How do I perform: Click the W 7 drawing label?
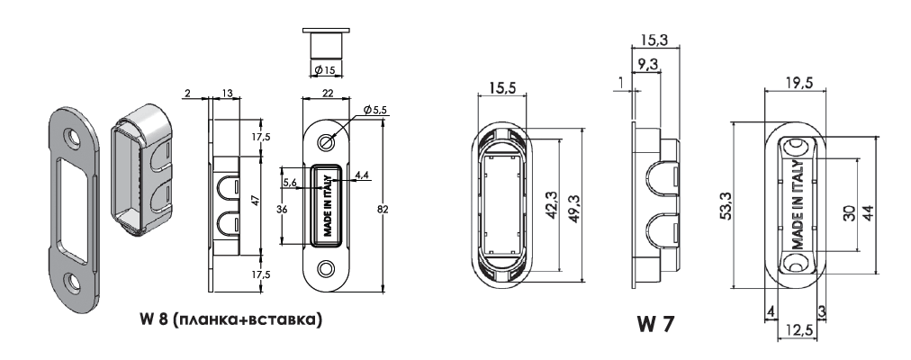[655, 324]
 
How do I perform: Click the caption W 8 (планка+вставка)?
[230, 319]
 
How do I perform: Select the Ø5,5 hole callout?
[374, 110]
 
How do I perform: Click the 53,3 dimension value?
[725, 205]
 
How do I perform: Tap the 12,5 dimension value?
[798, 330]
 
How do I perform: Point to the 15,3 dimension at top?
[653, 40]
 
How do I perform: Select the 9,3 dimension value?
[647, 65]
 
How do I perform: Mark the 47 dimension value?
[253, 200]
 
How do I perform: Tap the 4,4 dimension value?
[363, 175]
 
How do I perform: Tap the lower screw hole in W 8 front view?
[326, 269]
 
